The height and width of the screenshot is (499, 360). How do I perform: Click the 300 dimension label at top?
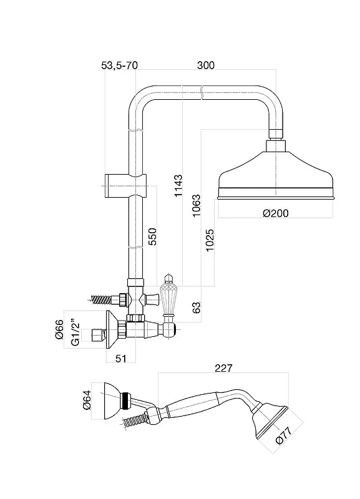206,65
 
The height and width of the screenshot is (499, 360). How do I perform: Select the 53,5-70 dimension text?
119,65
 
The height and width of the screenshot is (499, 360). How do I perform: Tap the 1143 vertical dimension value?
178,185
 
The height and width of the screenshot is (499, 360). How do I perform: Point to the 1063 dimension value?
197,206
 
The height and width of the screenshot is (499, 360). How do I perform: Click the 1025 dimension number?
210,240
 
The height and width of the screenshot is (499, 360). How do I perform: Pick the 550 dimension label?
153,236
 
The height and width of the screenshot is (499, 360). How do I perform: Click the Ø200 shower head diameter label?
276,213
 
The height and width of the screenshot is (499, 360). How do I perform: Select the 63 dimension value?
197,308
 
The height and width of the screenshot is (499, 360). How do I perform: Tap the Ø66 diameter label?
59,329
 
